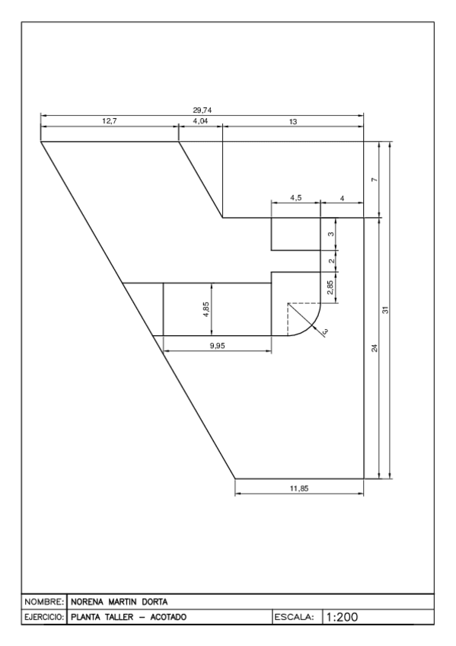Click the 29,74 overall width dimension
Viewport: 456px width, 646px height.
point(202,110)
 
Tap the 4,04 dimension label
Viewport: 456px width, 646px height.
point(201,121)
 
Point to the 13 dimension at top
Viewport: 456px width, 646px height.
point(293,121)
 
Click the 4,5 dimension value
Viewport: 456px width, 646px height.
point(296,198)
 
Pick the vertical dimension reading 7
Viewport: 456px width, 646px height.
point(374,180)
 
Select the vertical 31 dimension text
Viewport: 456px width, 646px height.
point(385,310)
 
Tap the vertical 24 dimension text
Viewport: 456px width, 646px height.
point(374,348)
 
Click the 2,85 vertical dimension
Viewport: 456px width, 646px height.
point(330,287)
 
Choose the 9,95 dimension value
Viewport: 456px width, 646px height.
point(218,345)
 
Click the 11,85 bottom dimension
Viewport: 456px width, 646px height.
point(299,488)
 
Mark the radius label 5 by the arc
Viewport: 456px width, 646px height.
point(325,331)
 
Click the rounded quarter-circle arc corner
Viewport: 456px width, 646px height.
point(313,324)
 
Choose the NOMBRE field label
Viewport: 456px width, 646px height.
point(45,600)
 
